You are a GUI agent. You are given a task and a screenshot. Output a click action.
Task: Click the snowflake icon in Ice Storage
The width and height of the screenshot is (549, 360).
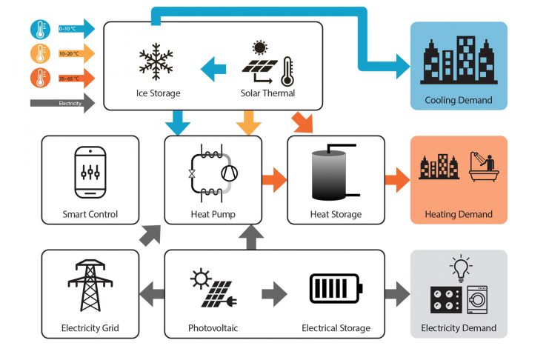158,63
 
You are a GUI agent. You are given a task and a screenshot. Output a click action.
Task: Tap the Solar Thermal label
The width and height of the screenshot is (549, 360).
267,93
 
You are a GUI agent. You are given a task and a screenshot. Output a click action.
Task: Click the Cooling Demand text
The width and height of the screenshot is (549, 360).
459,100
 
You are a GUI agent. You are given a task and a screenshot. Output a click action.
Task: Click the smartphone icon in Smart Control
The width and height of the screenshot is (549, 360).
90,173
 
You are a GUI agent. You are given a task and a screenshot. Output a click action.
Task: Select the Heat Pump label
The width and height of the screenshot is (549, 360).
213,215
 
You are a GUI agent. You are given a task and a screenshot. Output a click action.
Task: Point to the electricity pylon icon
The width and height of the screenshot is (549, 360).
90,285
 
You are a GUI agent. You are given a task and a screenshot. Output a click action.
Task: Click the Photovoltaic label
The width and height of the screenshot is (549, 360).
213,328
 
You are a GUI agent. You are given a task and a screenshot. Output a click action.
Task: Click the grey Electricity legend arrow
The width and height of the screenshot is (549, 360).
63,103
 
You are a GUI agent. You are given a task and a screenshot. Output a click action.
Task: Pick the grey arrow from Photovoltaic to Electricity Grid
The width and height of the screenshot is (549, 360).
151,293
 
